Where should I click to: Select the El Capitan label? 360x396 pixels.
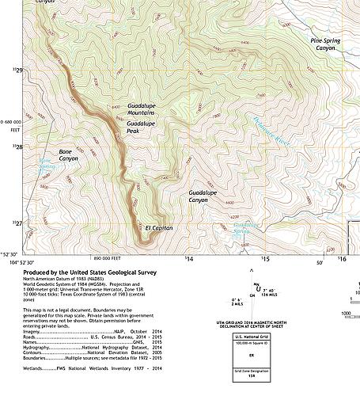click(158, 228)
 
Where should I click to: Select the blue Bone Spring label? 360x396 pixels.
click(48, 169)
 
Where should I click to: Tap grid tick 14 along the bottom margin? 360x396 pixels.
click(188, 258)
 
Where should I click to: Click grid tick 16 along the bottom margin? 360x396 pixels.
click(342, 258)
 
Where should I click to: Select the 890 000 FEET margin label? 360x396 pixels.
click(110, 258)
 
